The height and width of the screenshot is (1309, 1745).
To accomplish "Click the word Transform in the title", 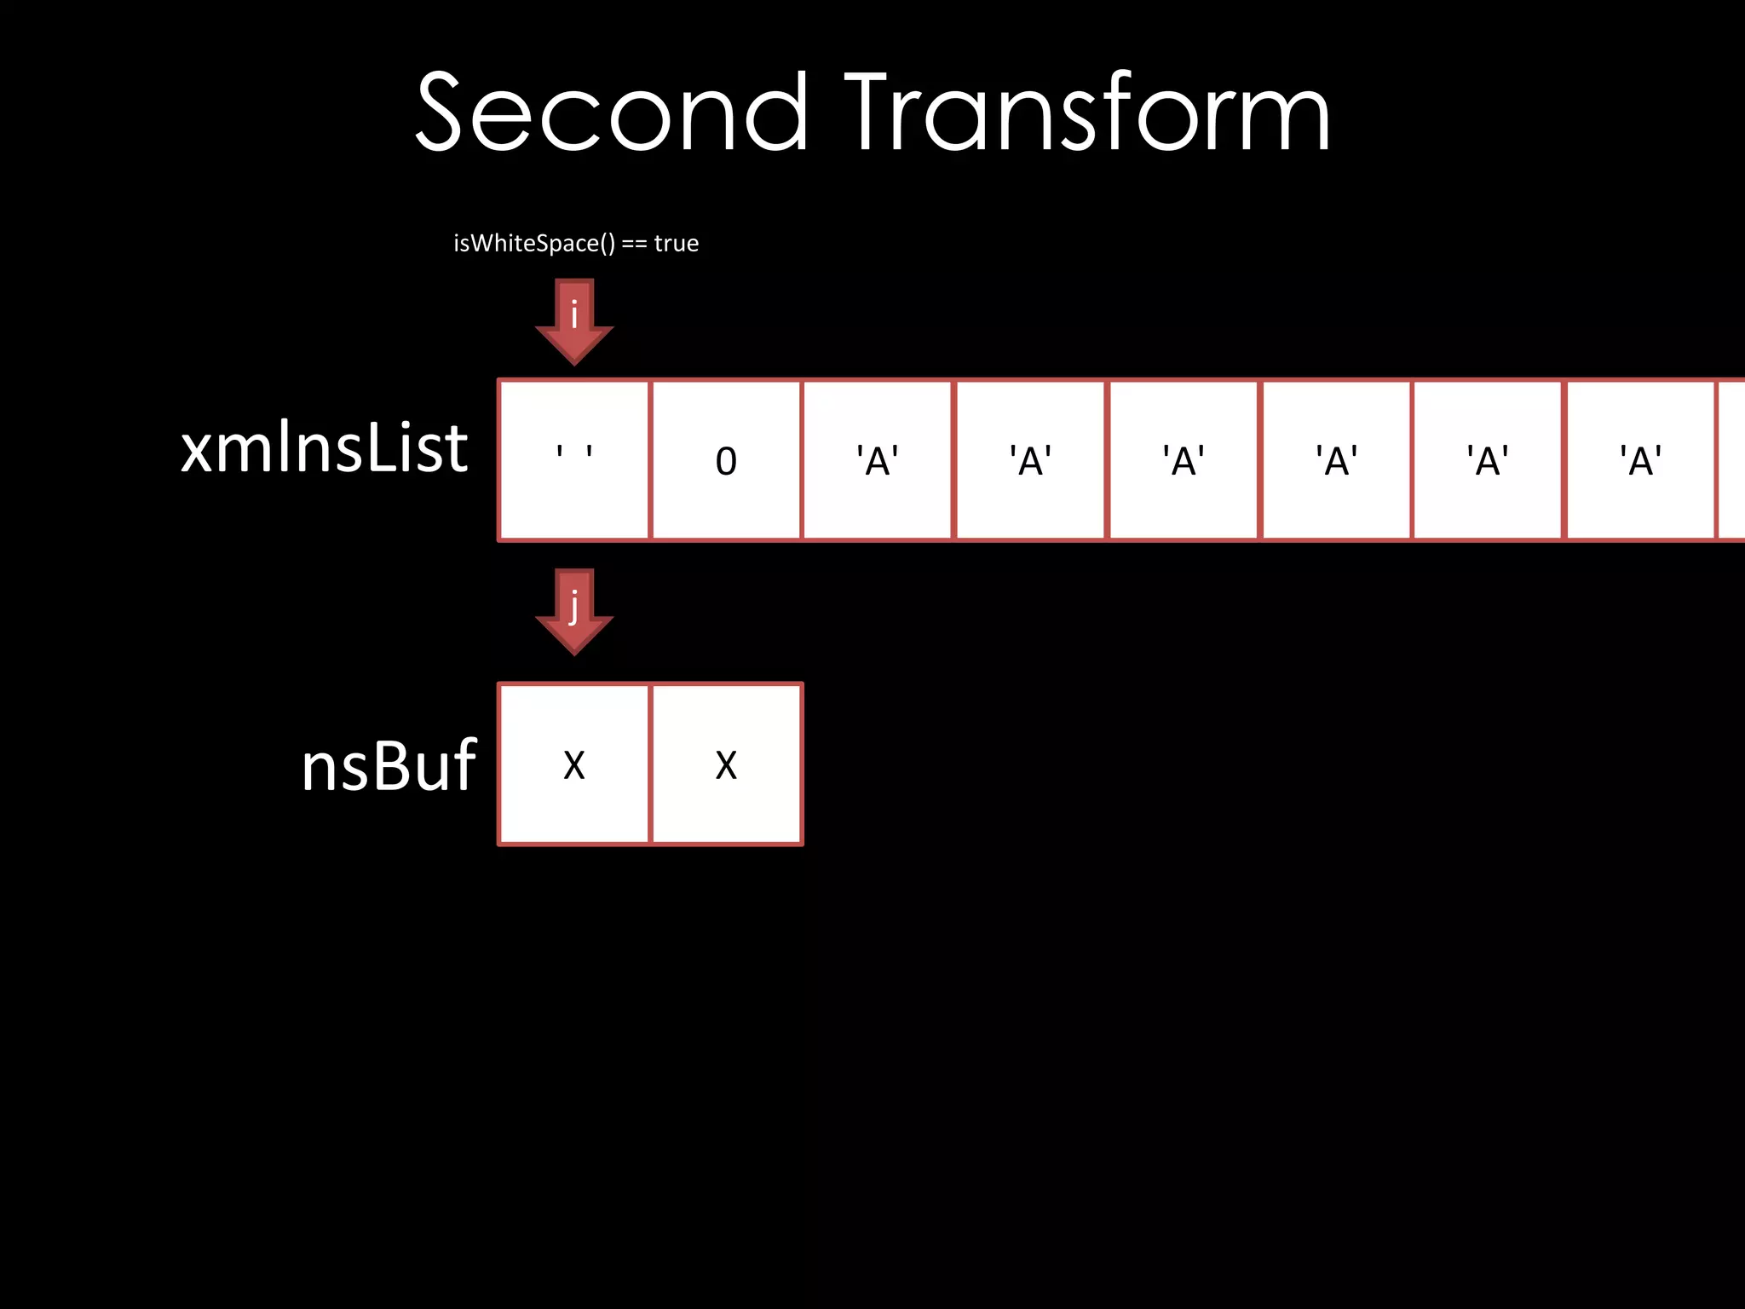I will [1087, 112].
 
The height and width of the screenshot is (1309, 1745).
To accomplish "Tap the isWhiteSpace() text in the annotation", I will [533, 244].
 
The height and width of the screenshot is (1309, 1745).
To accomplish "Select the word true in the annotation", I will [676, 244].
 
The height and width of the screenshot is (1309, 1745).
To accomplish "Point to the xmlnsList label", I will [324, 448].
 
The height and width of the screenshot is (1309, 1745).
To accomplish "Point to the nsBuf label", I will [389, 765].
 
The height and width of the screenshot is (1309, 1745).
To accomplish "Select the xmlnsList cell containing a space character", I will [574, 460].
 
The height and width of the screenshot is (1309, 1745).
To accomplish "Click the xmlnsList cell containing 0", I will [726, 460].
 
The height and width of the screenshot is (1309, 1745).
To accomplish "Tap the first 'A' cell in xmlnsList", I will [878, 460].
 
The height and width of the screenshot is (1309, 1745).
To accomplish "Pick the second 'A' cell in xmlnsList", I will [1030, 460].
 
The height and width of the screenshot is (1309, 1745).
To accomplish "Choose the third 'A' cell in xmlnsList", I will [1183, 460].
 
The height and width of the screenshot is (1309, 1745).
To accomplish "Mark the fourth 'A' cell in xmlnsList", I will [1336, 460].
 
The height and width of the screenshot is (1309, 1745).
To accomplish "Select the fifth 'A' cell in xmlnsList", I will [1488, 460].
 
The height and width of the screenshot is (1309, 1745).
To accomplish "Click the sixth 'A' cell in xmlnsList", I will [1640, 460].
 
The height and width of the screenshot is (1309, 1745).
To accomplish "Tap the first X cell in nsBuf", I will [574, 764].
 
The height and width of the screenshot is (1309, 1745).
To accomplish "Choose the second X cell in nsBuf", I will [726, 764].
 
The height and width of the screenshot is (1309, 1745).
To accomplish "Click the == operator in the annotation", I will [633, 245].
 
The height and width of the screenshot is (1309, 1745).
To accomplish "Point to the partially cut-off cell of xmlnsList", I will [1732, 460].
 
